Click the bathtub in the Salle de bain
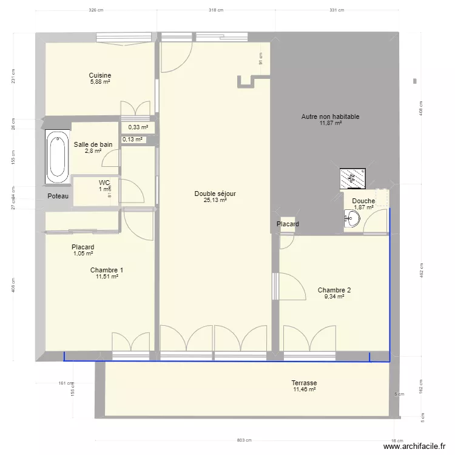point(58,157)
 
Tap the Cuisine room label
point(100,76)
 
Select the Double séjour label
point(215,194)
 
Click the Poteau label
point(58,197)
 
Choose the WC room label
point(104,182)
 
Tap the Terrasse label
point(304,383)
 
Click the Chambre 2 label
point(334,290)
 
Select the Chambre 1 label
point(106,270)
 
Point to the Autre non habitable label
point(330,116)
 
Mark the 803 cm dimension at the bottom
point(244,440)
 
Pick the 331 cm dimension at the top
point(337,10)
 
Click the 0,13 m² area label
point(132,140)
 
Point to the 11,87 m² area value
point(330,123)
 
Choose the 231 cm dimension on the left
point(13,75)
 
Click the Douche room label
point(363,201)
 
